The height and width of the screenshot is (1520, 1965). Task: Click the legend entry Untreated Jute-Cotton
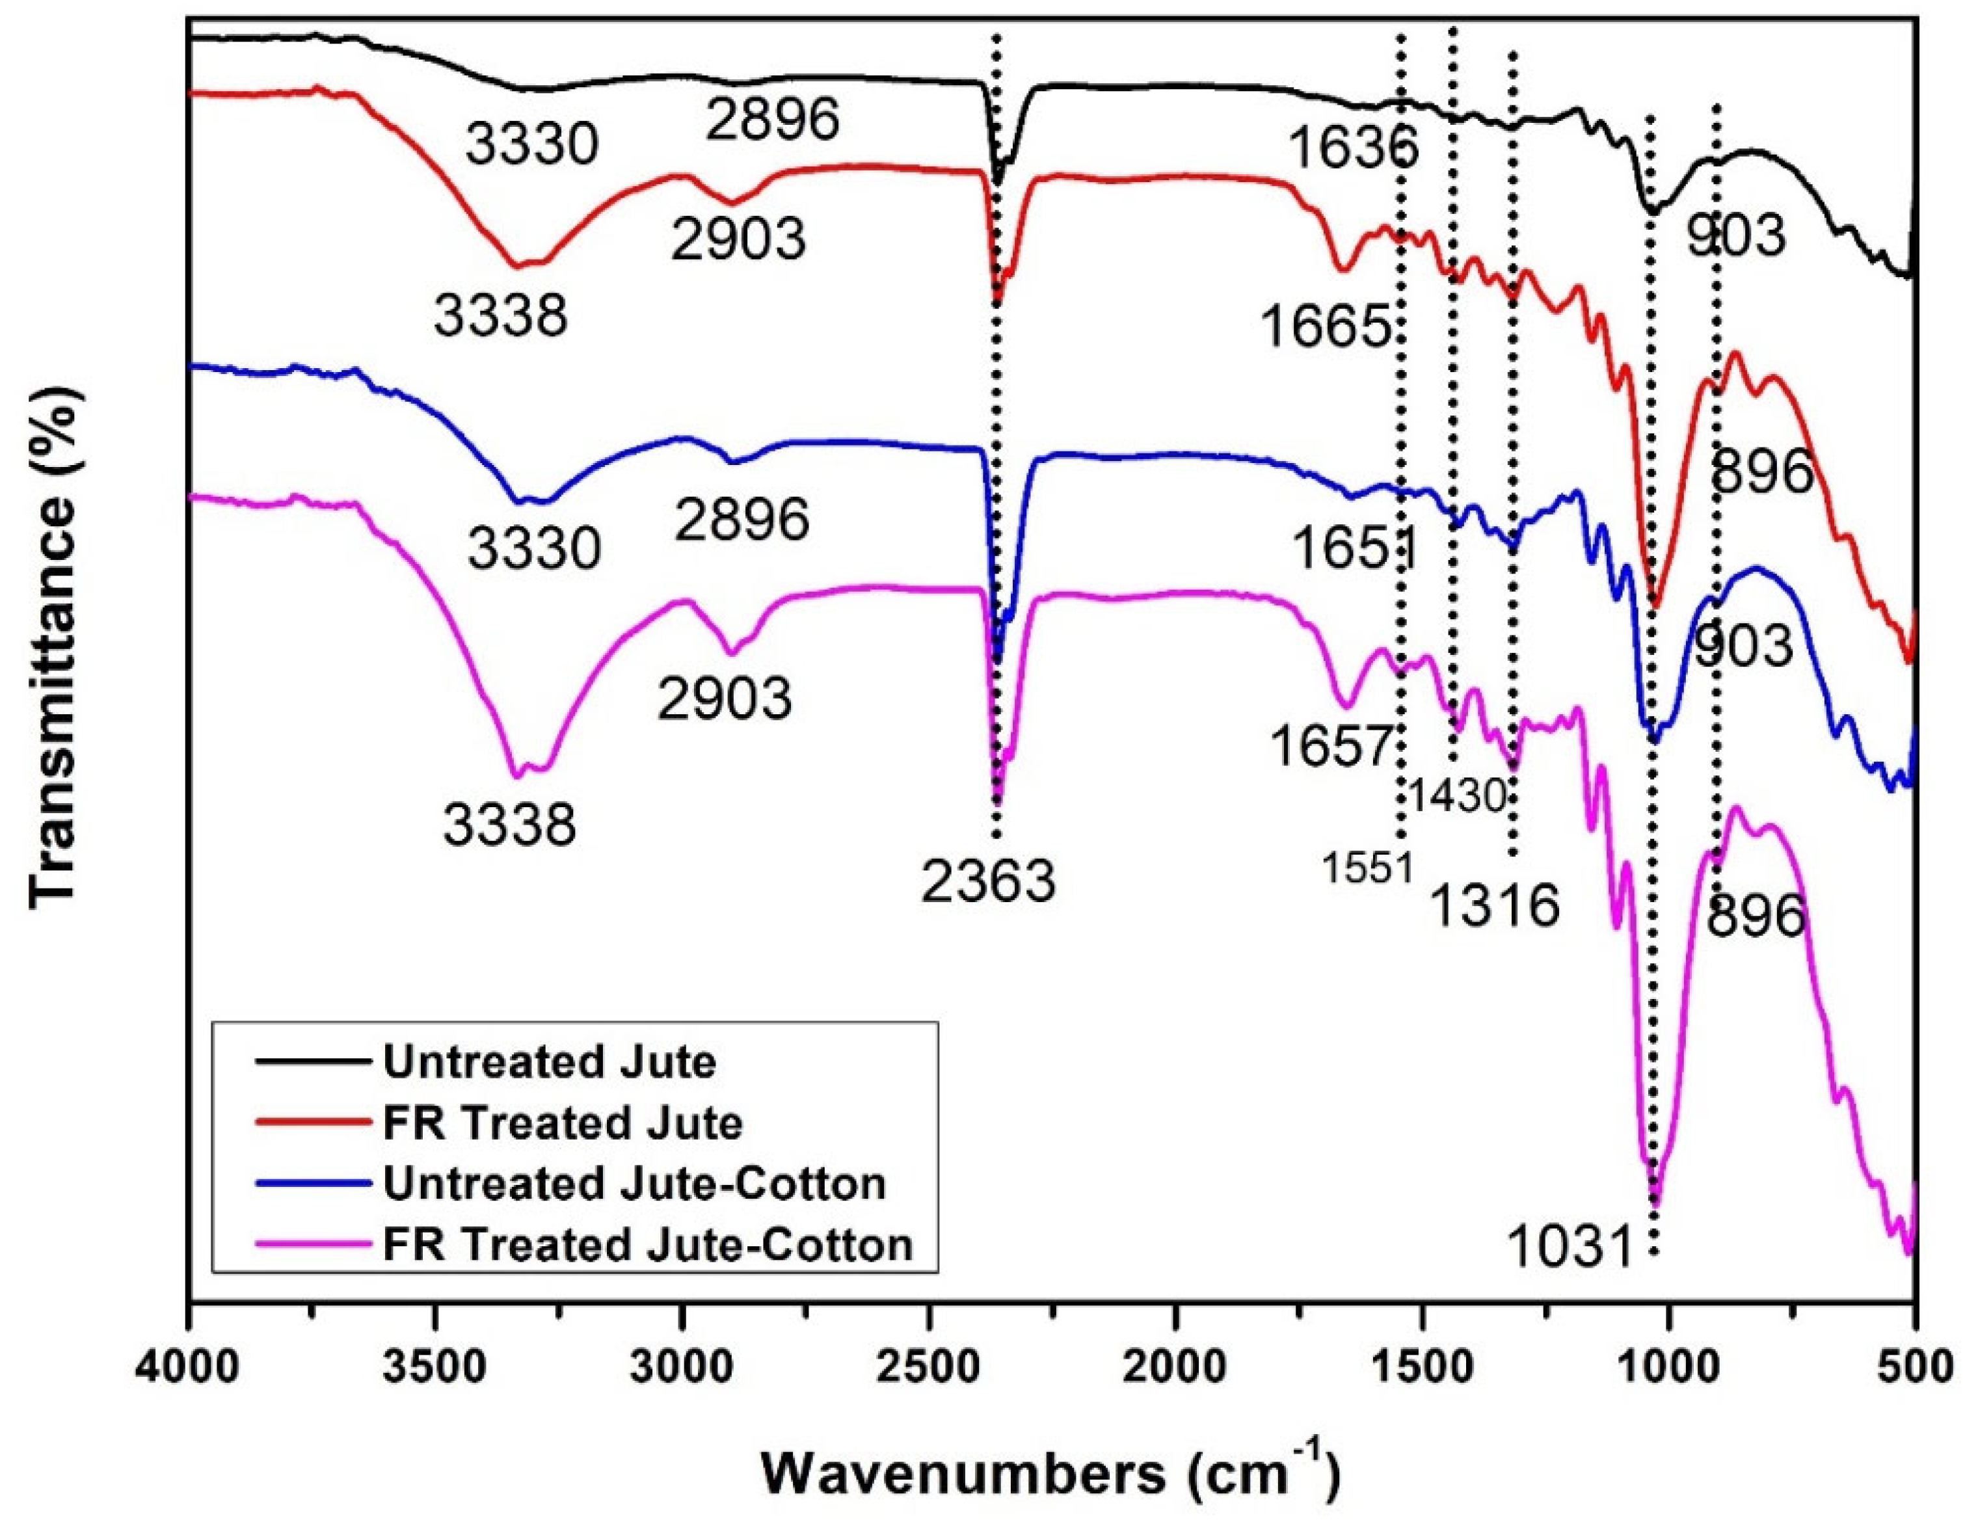[x=634, y=1184]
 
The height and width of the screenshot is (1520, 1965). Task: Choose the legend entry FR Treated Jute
[x=563, y=1123]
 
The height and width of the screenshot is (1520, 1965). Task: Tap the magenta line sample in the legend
[x=312, y=1245]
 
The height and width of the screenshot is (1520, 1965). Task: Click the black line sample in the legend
[x=312, y=1062]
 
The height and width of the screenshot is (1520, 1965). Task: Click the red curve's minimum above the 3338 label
[x=517, y=266]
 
